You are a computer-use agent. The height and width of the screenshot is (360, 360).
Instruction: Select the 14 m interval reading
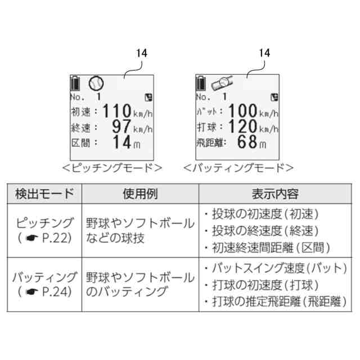127,142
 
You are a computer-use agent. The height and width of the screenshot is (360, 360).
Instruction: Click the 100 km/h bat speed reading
254,110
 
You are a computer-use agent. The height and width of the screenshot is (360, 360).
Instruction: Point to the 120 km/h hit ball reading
254,127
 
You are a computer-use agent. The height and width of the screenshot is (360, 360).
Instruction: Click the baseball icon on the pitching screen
96,83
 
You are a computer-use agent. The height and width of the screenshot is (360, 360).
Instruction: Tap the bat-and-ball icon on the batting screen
222,83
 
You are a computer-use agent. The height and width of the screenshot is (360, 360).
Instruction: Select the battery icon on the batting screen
200,83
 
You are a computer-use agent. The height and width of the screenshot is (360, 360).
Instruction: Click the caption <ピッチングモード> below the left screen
111,168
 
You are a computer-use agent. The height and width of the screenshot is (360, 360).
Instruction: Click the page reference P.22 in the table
55,238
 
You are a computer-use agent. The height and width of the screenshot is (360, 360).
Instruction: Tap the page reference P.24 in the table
55,292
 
